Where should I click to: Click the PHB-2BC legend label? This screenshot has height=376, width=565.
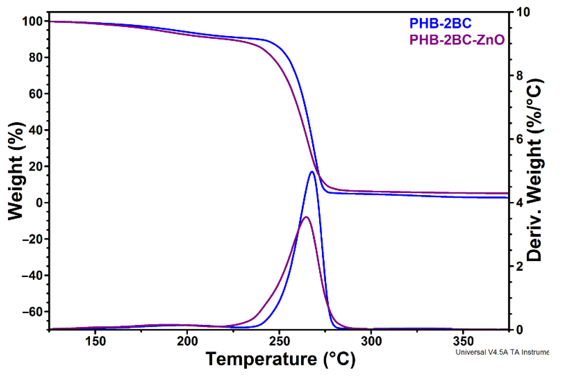(440, 24)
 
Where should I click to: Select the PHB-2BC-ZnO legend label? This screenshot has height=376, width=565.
(457, 40)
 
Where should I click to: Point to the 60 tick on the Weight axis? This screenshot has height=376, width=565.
(35, 94)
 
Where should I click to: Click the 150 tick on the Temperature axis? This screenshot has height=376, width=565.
(95, 342)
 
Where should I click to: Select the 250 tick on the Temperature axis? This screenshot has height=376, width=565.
(279, 342)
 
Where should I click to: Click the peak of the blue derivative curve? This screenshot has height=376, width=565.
(312, 171)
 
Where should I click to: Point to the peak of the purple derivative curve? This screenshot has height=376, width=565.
(306, 217)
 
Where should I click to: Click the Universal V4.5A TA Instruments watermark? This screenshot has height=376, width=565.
(502, 352)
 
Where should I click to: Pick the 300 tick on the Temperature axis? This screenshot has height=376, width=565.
(371, 342)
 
